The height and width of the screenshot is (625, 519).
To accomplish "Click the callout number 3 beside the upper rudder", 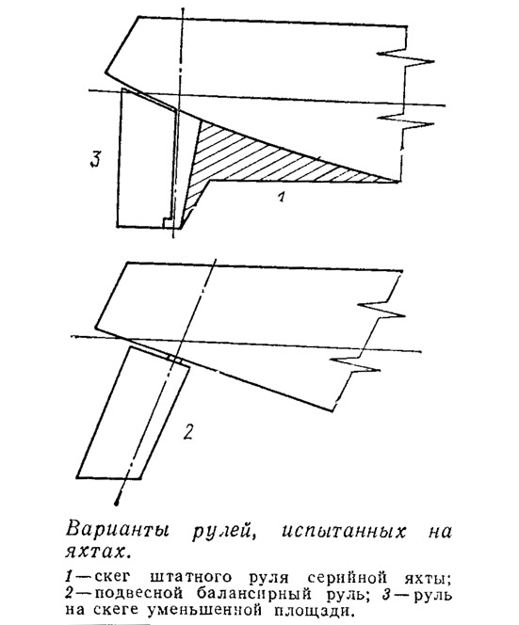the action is coord(94,159).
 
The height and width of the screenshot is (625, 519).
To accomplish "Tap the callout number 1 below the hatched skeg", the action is coord(282,197).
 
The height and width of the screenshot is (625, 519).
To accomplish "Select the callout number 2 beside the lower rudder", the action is coord(187,431).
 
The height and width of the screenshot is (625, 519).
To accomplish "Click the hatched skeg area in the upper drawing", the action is coord(255,159).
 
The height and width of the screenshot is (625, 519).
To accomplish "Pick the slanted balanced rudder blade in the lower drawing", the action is coord(133,412).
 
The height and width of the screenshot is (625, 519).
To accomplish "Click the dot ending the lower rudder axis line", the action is coord(117,503).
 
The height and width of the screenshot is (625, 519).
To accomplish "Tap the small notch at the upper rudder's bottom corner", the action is coord(168,222).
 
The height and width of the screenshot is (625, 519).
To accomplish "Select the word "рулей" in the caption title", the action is coord(224,532).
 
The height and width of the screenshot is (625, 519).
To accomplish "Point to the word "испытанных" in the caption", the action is coord(344,531).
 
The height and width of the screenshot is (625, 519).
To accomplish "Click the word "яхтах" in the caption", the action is coord(97,553).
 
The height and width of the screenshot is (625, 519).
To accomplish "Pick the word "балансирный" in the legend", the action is coord(254,594).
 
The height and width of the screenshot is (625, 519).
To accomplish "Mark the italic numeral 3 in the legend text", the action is coord(385,594).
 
